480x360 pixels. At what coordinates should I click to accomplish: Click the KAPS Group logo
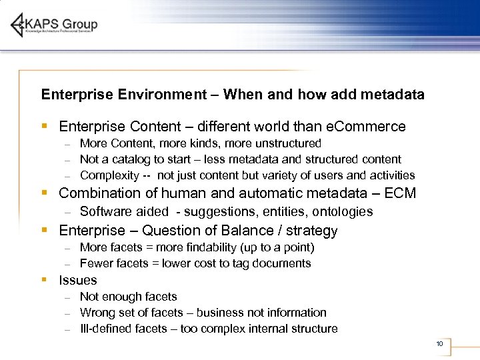point(55,25)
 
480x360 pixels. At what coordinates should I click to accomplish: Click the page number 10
point(439,344)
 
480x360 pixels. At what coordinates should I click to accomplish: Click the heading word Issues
point(78,281)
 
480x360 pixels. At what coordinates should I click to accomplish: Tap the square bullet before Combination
point(44,193)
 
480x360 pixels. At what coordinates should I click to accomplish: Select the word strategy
point(313,231)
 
